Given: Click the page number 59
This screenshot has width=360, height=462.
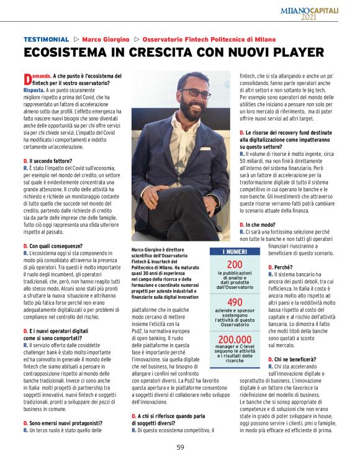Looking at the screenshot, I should [180, 446].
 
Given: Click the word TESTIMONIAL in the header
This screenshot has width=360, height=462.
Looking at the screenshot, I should [46, 39].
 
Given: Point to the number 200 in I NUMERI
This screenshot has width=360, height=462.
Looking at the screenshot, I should [235, 265].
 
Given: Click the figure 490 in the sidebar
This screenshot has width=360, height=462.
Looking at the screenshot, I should [235, 302].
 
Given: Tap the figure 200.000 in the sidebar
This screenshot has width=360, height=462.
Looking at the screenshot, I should [235, 340].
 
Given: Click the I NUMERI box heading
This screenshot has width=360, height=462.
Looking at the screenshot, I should [235, 251].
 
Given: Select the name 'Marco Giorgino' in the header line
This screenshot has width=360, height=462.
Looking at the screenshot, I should [105, 39].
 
